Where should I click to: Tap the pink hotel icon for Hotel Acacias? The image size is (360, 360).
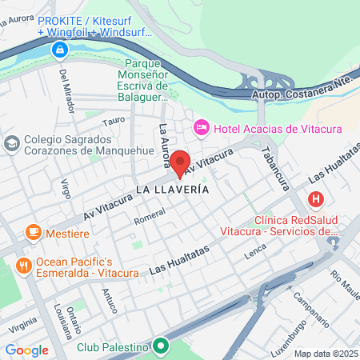point(202,128)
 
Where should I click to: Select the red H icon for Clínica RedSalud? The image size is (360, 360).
point(317,198)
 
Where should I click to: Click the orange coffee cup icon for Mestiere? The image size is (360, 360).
point(33,232)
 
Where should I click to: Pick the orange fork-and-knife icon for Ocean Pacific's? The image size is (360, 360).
point(25,264)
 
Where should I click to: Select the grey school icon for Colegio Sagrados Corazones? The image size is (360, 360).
point(12,142)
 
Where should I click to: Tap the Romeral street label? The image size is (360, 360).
point(150,216)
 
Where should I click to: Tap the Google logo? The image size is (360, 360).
point(26,350)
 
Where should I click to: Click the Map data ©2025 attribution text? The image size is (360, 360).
point(325,354)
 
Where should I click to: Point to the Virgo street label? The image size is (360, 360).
point(66,188)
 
